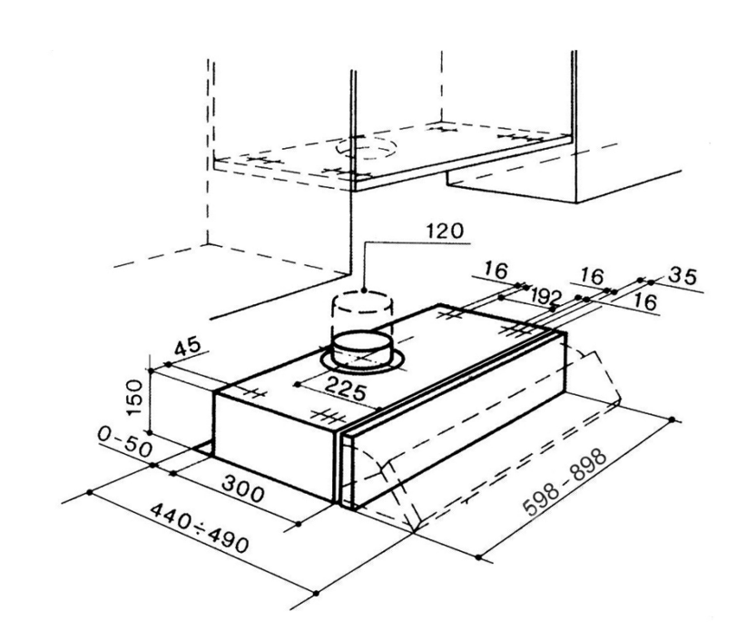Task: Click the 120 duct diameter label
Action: pos(446,232)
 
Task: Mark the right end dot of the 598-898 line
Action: pos(672,419)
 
